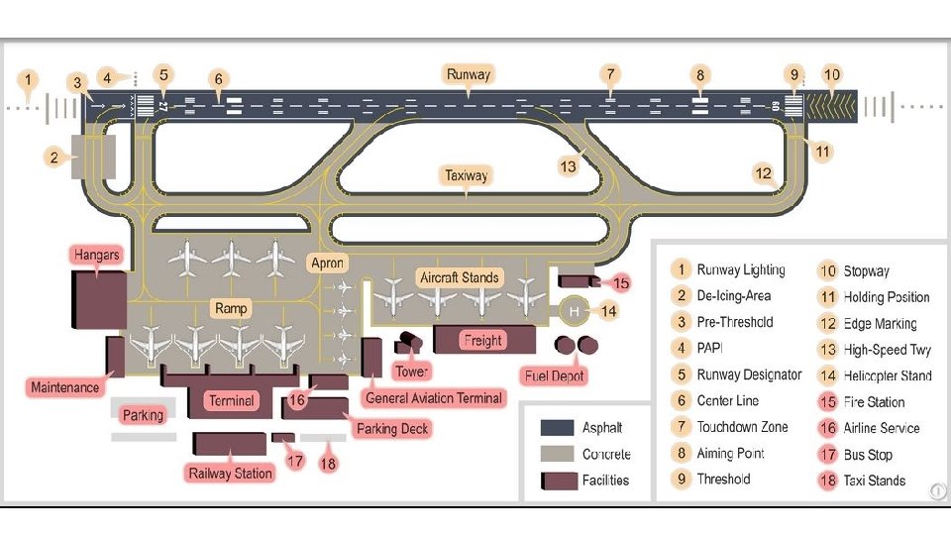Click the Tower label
[412, 372]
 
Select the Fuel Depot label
[555, 376]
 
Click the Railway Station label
[230, 473]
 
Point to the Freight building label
[483, 340]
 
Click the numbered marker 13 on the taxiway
[568, 166]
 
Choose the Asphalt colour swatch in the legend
[557, 428]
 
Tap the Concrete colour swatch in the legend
[557, 454]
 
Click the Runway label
[469, 74]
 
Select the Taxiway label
[466, 175]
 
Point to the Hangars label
[97, 255]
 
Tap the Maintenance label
[65, 387]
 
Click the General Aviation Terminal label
[435, 398]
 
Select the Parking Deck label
[392, 428]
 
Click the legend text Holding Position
[887, 297]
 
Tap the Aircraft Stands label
[459, 277]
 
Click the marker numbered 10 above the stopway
[832, 74]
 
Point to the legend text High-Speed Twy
[888, 350]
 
